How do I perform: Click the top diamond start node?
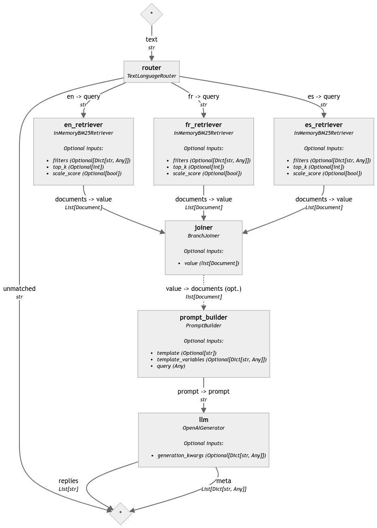(x=151, y=13)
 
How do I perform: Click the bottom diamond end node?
(x=121, y=513)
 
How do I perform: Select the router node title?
(x=151, y=68)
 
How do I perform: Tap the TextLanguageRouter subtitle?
(x=151, y=76)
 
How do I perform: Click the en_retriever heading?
(x=83, y=125)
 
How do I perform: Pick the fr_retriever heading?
(x=204, y=125)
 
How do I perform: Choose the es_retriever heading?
(x=324, y=125)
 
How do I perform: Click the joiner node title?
(x=204, y=227)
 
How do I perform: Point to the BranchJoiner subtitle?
(x=204, y=235)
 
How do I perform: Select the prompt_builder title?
(x=204, y=317)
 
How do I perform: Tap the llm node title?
(x=204, y=420)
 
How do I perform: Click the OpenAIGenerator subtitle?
(x=204, y=428)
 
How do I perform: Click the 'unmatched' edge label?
(x=19, y=288)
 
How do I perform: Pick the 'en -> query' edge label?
(x=83, y=96)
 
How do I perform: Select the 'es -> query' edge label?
(x=324, y=96)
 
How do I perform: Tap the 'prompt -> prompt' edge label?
(x=204, y=391)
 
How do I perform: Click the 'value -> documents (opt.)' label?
(x=204, y=288)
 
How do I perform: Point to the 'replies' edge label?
(x=68, y=481)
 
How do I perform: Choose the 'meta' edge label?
(x=224, y=481)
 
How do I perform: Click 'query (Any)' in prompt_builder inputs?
(x=171, y=366)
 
